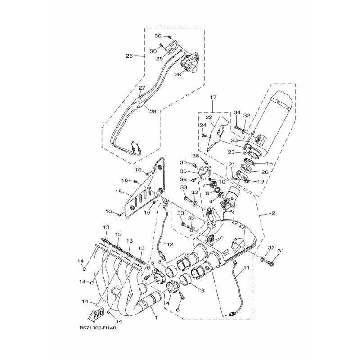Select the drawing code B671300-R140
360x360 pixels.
(98, 328)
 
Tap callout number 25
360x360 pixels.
(129, 56)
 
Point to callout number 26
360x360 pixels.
(178, 75)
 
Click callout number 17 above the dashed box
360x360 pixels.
(213, 97)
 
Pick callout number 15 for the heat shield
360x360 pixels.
(118, 191)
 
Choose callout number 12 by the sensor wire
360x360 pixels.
(170, 244)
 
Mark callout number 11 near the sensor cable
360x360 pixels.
(246, 267)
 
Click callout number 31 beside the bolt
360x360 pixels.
(281, 251)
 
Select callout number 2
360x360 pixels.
(273, 213)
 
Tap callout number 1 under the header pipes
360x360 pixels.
(156, 318)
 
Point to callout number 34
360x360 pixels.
(237, 112)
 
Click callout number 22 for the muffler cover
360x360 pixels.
(209, 117)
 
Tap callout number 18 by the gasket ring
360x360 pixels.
(269, 163)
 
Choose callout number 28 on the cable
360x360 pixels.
(153, 112)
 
